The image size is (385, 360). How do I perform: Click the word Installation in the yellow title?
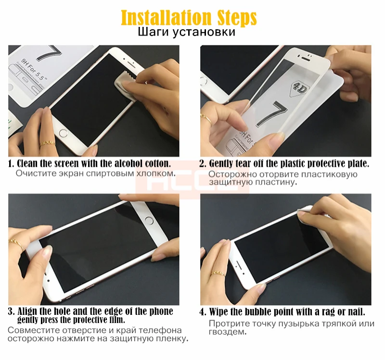pos(166,17)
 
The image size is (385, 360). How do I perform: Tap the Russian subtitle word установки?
pos(204,32)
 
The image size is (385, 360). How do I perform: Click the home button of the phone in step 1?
pos(64,134)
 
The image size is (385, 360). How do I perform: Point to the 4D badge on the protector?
pos(298,89)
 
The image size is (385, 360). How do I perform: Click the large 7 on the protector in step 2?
pos(272,114)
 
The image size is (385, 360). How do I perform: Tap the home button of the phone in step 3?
pos(149,220)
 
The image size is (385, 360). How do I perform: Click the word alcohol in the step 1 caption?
pos(126,163)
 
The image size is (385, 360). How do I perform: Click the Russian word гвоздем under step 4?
pos(227,332)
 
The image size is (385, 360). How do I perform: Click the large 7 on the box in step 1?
pos(49,53)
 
